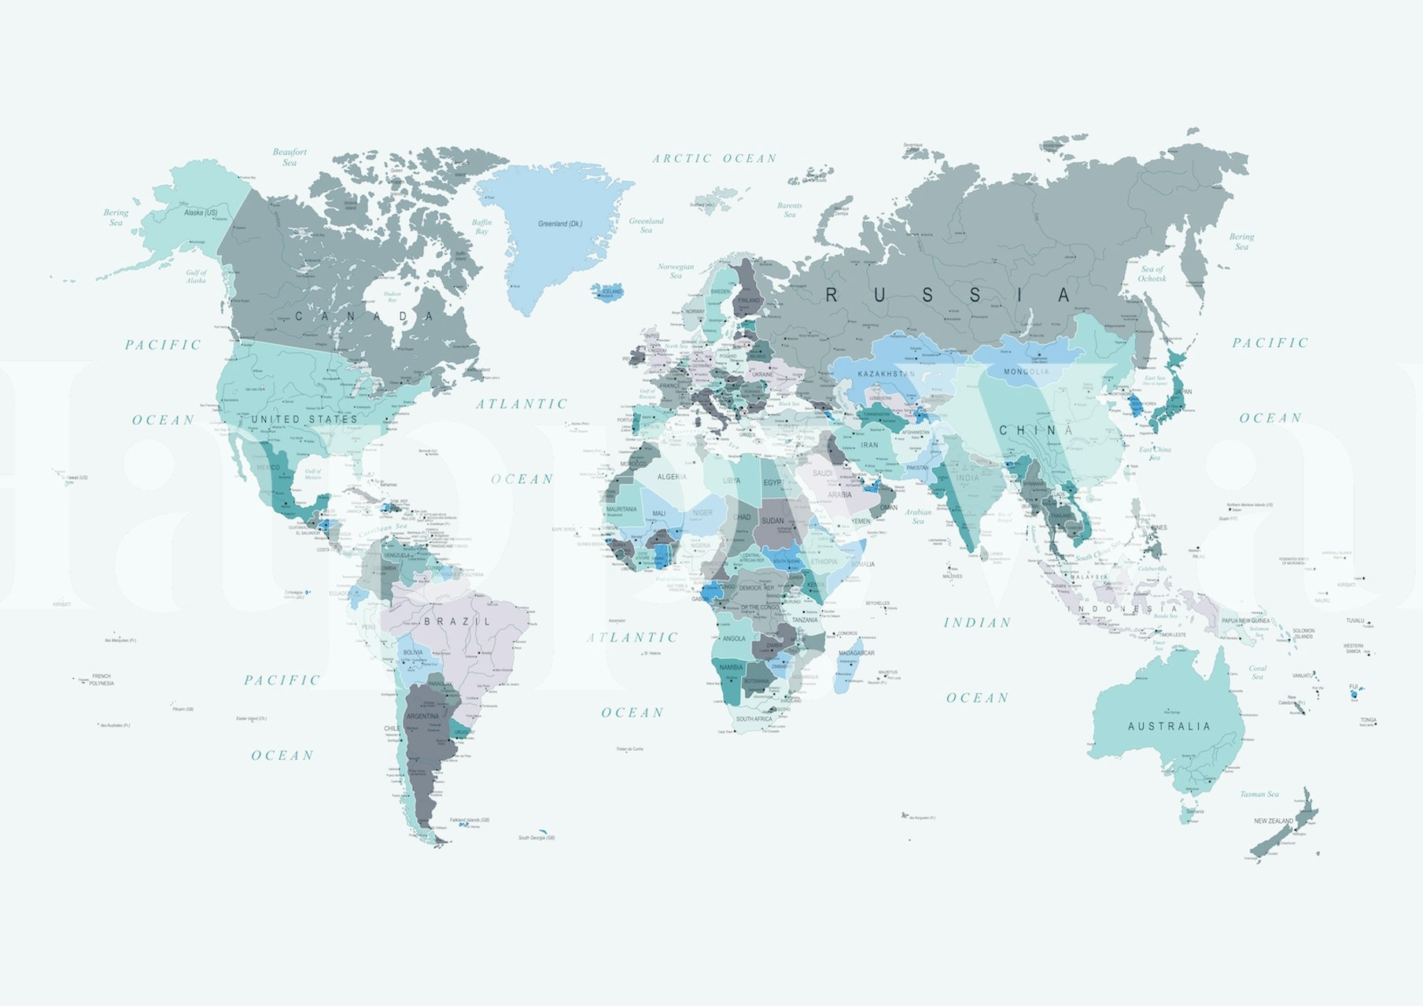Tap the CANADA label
[x=364, y=316]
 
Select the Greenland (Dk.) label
[x=560, y=223]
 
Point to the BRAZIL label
[x=457, y=622]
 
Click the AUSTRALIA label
[x=1169, y=726]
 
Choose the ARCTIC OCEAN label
[x=714, y=158]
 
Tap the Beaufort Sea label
[x=289, y=157]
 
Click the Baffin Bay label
[x=481, y=227]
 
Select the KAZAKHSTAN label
[x=886, y=374]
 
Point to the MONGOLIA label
[x=1026, y=371]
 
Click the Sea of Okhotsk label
[x=1152, y=273]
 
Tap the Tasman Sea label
[x=1259, y=794]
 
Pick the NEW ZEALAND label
[x=1273, y=821]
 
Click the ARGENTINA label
[x=422, y=717]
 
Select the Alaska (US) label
[x=201, y=212]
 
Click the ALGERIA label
[x=671, y=477]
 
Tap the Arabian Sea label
[x=917, y=516]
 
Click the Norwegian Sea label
[x=676, y=271]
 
